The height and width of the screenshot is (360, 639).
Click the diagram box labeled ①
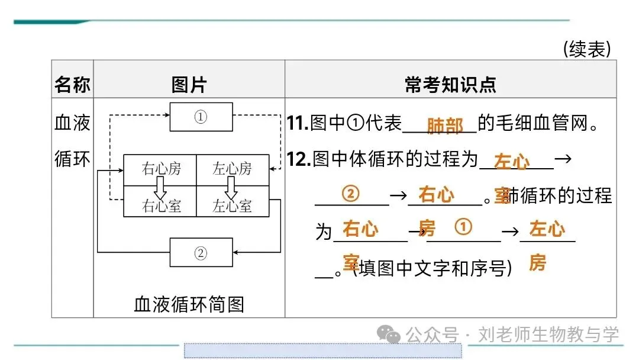[201, 117]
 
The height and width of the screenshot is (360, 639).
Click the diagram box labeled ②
[201, 253]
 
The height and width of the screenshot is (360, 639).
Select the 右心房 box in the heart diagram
[160, 169]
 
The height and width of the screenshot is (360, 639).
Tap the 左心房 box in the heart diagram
[233, 169]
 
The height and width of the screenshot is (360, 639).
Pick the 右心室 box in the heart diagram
[160, 205]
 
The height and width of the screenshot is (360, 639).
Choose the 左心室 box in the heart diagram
[233, 205]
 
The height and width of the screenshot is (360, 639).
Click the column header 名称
[72, 85]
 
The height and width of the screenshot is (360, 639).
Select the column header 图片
[189, 85]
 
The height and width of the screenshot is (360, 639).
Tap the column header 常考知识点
[450, 85]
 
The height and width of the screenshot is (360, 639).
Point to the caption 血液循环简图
[189, 304]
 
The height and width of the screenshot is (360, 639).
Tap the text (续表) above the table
[586, 49]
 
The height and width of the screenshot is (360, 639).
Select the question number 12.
[298, 159]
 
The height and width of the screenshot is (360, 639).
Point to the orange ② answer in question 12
[351, 194]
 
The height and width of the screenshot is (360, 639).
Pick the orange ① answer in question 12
[463, 227]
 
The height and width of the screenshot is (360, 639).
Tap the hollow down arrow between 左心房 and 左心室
[231, 187]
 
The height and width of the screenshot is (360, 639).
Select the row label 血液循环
[72, 142]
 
